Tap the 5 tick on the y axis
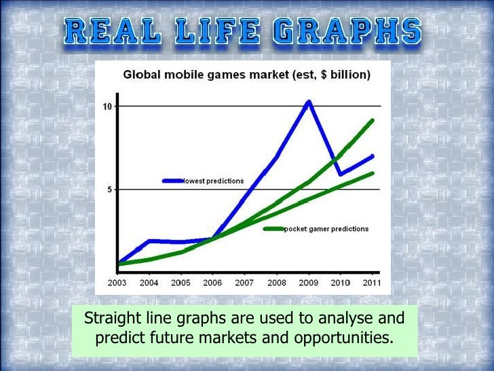pos(110,190)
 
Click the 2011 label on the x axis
pos(372,282)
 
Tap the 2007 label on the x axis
pos(244,282)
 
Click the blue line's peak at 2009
pos(309,103)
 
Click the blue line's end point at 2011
pos(372,156)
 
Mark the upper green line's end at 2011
pos(372,121)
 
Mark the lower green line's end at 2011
pos(372,173)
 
